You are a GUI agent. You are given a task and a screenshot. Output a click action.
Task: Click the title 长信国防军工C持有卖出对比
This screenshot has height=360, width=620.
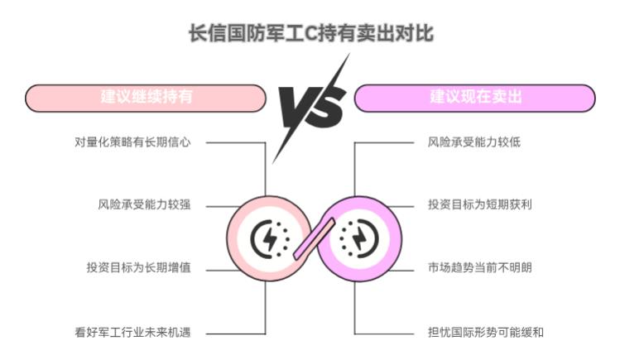[x=311, y=33]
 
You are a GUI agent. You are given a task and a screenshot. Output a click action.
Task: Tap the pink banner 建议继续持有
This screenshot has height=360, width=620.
[x=146, y=98]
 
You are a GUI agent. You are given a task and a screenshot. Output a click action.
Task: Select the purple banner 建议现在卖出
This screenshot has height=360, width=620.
[x=475, y=98]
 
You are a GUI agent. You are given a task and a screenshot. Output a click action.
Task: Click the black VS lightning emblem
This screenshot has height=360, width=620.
[x=311, y=108]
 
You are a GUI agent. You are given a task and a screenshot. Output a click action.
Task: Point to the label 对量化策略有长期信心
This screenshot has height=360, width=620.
[x=132, y=142]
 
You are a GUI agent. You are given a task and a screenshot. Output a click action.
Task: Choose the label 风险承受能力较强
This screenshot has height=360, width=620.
[x=144, y=204]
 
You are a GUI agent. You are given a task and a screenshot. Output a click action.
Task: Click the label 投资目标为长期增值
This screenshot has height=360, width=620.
[x=139, y=267]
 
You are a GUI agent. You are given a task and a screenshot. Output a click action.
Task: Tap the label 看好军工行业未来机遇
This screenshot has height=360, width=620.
[x=132, y=333]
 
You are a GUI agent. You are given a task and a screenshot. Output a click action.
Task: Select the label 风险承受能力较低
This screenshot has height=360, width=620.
[x=474, y=142]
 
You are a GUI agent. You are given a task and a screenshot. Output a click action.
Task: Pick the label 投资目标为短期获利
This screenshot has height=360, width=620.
[x=480, y=204]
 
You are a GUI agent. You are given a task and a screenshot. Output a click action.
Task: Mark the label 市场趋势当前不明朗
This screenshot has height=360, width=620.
[x=480, y=267]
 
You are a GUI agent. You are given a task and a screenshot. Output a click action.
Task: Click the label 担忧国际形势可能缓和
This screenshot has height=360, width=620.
[x=486, y=333]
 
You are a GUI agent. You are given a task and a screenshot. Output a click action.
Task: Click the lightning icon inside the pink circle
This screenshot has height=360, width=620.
[x=270, y=238]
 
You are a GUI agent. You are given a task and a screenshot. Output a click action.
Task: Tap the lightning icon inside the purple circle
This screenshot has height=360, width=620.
[x=359, y=238]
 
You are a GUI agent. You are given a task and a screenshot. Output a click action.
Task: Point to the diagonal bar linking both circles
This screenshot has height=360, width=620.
[x=315, y=238]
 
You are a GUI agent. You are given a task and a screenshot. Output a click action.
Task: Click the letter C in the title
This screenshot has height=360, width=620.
[x=311, y=34]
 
